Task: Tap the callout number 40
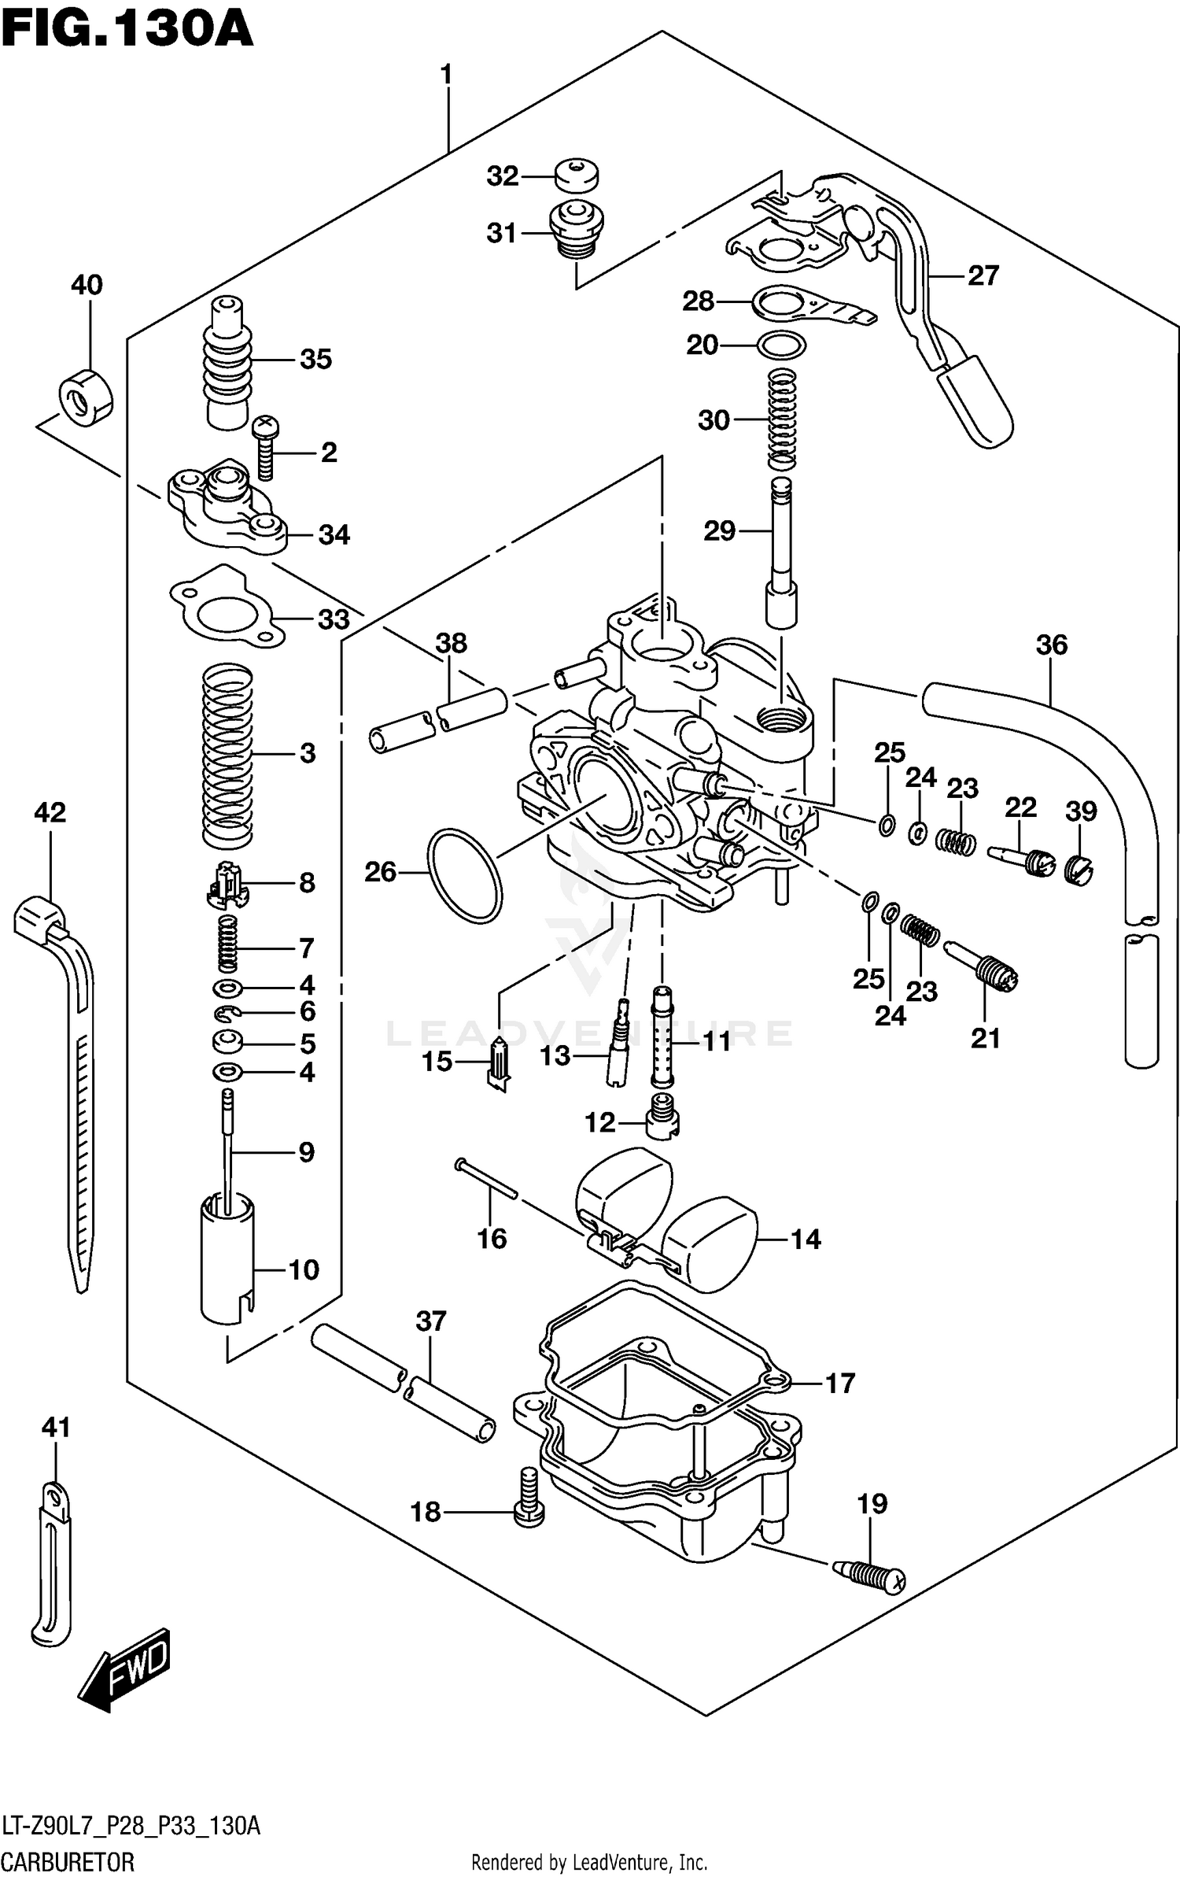click(87, 284)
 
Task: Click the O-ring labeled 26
click(464, 874)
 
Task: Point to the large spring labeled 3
click(227, 754)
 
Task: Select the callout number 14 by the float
click(805, 1240)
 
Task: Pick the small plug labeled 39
click(1079, 869)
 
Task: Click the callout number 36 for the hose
click(1051, 645)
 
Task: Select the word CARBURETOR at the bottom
click(68, 1862)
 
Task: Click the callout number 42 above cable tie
click(50, 811)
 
